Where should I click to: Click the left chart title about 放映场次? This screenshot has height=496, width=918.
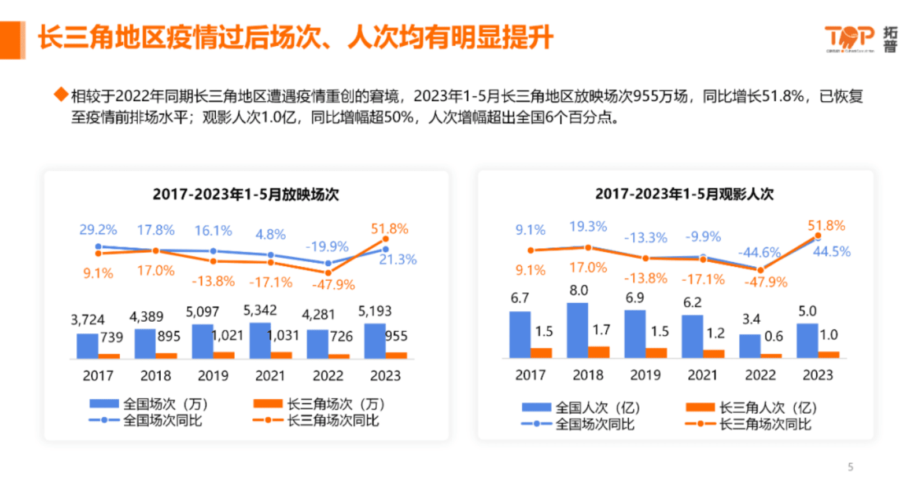pyautogui.click(x=246, y=194)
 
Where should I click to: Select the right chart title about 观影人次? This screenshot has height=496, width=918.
pyautogui.click(x=684, y=194)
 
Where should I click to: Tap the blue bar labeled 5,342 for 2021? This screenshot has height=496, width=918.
pyautogui.click(x=260, y=341)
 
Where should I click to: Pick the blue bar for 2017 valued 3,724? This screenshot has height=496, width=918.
pyautogui.click(x=87, y=346)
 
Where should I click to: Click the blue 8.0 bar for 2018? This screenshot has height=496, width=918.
pyautogui.click(x=577, y=330)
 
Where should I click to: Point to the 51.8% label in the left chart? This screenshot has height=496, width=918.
pyautogui.click(x=389, y=229)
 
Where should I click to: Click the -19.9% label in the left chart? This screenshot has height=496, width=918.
pyautogui.click(x=327, y=247)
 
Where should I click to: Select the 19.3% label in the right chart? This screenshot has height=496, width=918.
pyautogui.click(x=588, y=226)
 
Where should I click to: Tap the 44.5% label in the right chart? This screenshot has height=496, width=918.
pyautogui.click(x=831, y=252)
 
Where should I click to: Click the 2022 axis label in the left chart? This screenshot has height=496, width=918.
pyautogui.click(x=328, y=376)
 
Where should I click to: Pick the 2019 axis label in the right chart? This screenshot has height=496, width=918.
pyautogui.click(x=645, y=375)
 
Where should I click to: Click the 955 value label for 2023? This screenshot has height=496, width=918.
pyautogui.click(x=396, y=336)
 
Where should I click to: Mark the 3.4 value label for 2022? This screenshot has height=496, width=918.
pyautogui.click(x=751, y=319)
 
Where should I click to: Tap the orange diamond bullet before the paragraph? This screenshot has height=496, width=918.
pyautogui.click(x=61, y=94)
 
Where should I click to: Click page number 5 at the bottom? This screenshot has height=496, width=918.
pyautogui.click(x=850, y=466)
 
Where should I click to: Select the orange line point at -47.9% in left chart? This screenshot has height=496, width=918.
pyautogui.click(x=328, y=272)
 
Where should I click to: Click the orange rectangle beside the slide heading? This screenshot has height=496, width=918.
pyautogui.click(x=13, y=40)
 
